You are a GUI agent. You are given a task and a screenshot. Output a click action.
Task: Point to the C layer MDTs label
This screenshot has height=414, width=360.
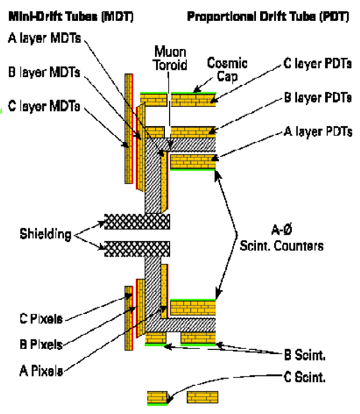tap(44, 107)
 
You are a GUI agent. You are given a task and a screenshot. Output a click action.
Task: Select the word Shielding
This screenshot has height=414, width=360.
tap(45, 234)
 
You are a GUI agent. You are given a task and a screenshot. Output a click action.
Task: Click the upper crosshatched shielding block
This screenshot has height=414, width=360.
tap(137, 221)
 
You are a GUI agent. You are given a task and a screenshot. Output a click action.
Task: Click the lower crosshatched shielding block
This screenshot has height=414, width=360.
tap(137, 248)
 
